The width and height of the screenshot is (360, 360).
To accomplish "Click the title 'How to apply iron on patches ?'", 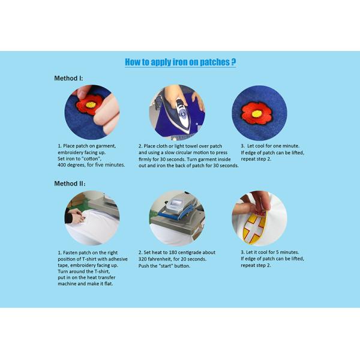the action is pos(180,62).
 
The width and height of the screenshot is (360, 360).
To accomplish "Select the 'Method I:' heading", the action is pos(68,78).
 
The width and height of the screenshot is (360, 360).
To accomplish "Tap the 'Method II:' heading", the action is pos(70,184).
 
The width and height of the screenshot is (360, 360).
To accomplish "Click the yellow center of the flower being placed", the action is pos(91,104).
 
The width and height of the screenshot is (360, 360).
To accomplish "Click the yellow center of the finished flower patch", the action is pos(257,113).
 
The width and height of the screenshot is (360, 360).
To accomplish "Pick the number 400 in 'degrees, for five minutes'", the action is pos(62,165).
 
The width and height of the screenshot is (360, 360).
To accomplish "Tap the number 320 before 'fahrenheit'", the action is pos(142,259).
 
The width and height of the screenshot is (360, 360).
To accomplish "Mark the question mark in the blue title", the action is pos(233,62).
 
